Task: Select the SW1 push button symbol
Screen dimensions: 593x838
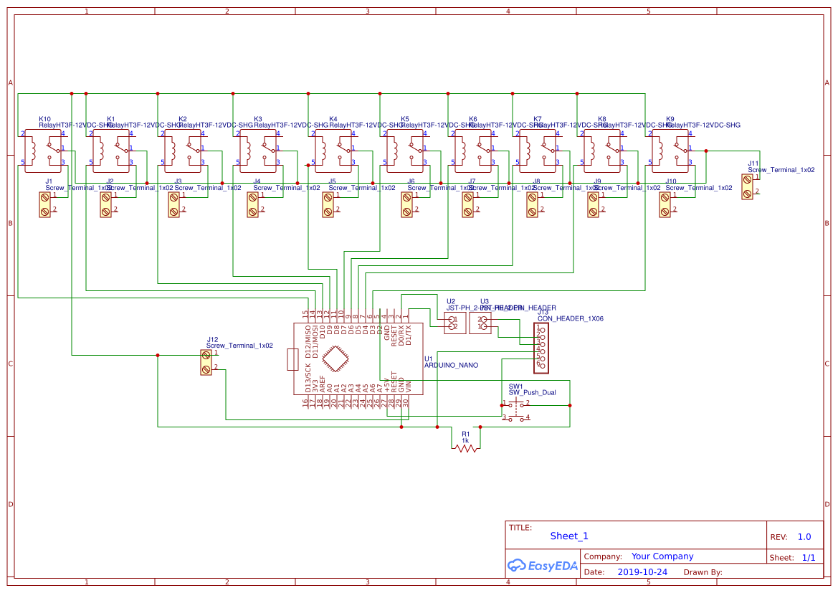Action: point(516,411)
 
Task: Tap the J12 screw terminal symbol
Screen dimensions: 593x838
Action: point(206,362)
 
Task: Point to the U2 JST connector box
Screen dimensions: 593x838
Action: point(452,323)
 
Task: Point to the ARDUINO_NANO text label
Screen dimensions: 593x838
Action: point(451,365)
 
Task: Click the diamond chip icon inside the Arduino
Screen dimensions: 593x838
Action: point(336,359)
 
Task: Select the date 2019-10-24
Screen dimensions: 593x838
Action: point(642,572)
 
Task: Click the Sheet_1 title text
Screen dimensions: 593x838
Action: point(569,536)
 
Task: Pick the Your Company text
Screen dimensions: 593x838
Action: point(662,556)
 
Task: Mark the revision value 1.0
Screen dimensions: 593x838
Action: point(804,536)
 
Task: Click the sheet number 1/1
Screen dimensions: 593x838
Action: point(808,557)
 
